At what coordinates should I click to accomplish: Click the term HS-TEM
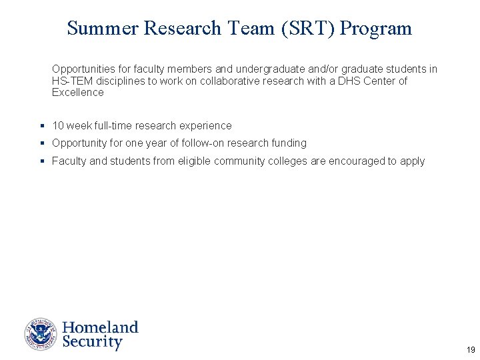[x=69, y=81]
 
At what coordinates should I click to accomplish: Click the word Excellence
[x=78, y=92]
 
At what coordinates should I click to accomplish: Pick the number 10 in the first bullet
[x=58, y=125]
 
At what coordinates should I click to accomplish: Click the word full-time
[x=110, y=125]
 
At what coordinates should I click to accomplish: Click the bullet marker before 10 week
[x=42, y=125]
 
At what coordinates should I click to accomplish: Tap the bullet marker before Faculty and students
[x=42, y=161]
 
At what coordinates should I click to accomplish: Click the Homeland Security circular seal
[x=41, y=335]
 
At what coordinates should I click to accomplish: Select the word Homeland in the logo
[x=100, y=327]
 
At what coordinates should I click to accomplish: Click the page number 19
[x=471, y=350]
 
